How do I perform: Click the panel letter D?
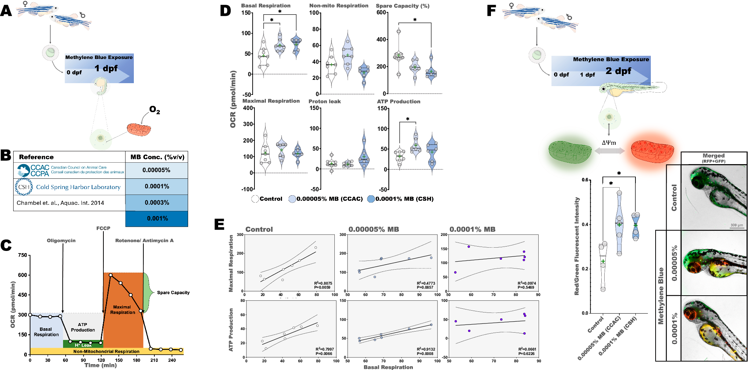pos(225,11)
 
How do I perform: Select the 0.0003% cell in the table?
pos(157,203)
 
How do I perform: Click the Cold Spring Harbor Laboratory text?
pos(78,187)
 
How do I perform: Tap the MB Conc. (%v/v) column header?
pos(157,157)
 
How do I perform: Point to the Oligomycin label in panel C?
pos(61,241)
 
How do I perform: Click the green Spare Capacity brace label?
pos(173,293)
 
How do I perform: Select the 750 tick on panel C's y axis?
pos(23,255)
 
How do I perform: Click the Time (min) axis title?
pos(100,365)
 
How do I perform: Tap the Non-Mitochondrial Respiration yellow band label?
pos(106,352)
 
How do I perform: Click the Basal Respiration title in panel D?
pos(266,5)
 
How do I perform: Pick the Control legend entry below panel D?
pos(267,199)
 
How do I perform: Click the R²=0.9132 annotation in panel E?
pos(426,349)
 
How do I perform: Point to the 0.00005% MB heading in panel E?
pos(374,230)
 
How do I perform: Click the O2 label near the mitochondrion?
pos(154,110)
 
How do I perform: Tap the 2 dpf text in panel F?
pos(618,71)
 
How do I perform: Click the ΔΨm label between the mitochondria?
pos(609,143)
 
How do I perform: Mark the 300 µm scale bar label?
pos(737,225)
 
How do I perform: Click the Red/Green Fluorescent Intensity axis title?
pos(577,246)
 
